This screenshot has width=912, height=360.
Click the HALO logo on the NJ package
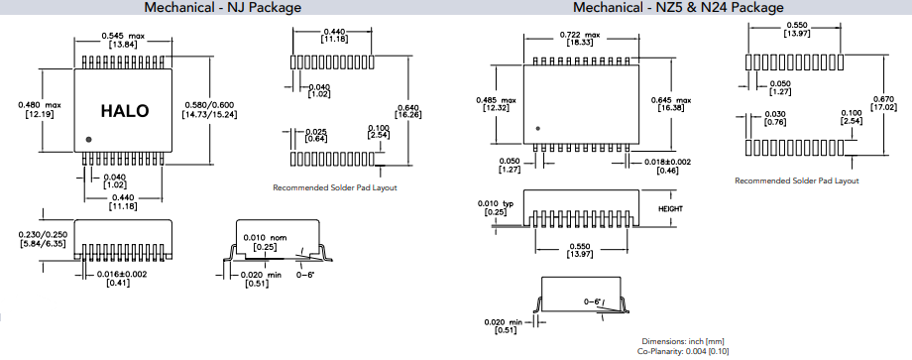pos(126,111)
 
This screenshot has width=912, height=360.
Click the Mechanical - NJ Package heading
pos(223,8)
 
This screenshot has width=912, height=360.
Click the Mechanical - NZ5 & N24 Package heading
pos(678,8)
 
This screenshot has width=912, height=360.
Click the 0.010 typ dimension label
pos(496,206)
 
